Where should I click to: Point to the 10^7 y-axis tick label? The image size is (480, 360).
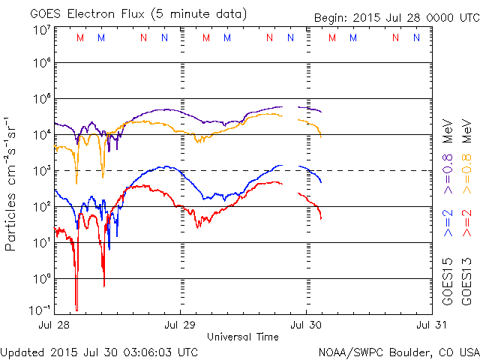coord(42,30)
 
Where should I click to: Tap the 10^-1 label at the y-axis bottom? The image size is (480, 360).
coord(40,309)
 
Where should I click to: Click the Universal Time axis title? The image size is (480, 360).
coord(243,337)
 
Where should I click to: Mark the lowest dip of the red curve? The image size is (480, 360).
coord(76,307)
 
